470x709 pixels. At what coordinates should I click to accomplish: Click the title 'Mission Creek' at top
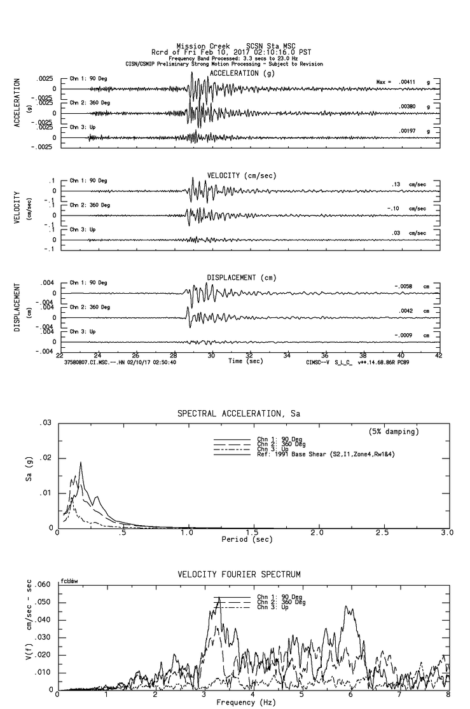pos(198,46)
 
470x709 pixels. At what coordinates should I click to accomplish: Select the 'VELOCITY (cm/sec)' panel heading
pos(241,175)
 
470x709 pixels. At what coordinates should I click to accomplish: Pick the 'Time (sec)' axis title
pos(246,361)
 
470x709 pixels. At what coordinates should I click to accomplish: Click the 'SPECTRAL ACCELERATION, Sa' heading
pos(238,413)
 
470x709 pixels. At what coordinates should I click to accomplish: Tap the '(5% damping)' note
pos(393,432)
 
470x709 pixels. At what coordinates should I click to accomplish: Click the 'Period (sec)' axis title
pos(246,539)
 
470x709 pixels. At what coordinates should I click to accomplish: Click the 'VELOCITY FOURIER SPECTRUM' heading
pos(238,575)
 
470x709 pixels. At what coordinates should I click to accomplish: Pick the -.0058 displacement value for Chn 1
pos(403,286)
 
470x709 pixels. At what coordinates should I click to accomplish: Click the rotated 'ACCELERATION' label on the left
pos(17,103)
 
